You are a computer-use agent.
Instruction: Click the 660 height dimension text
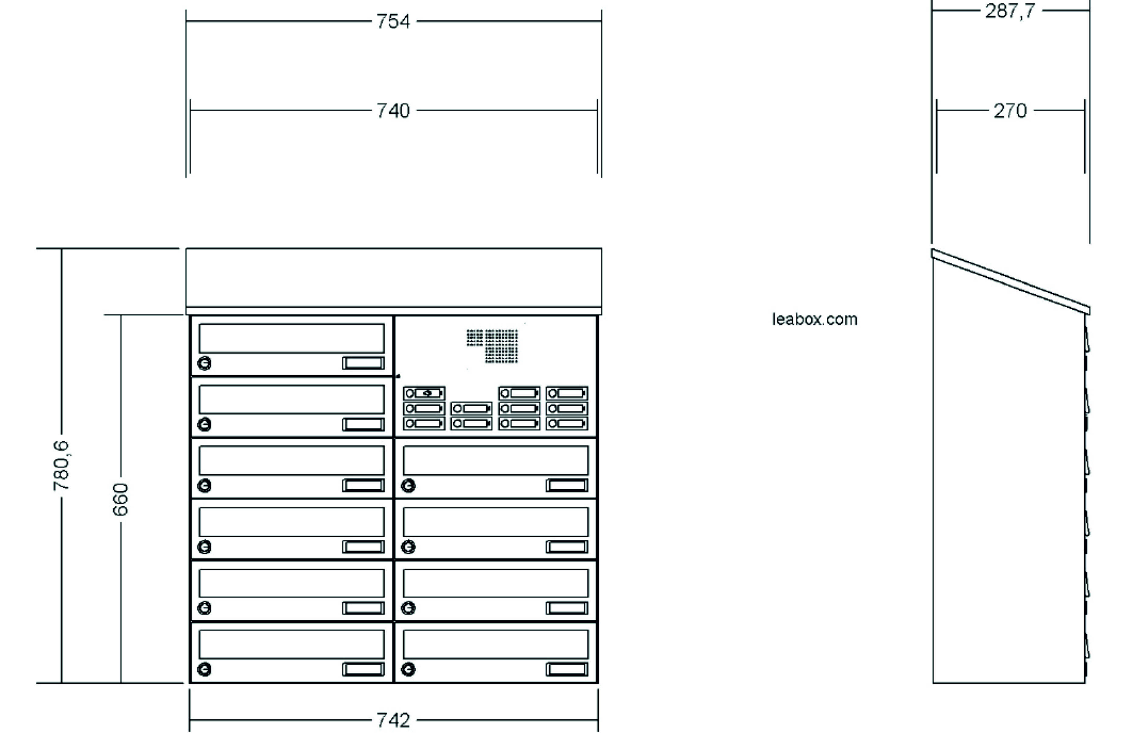[121, 499]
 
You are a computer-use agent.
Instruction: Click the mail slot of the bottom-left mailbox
[291, 645]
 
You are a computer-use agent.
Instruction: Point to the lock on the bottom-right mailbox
[408, 669]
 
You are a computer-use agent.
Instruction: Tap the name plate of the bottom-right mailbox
[567, 669]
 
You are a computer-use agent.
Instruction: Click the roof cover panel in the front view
[394, 278]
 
